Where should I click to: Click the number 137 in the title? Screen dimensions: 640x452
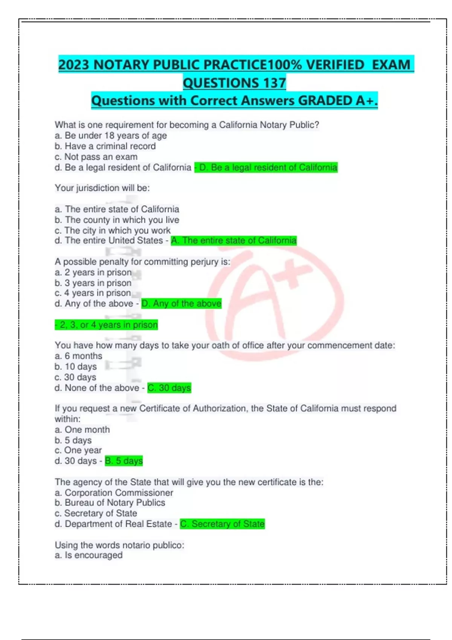click(x=274, y=83)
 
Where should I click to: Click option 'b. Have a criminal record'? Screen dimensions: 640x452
click(x=105, y=146)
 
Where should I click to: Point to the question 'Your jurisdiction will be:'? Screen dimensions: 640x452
click(x=102, y=188)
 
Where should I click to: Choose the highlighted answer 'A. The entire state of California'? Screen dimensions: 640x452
click(x=234, y=241)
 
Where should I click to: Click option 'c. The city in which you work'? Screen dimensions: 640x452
click(x=112, y=230)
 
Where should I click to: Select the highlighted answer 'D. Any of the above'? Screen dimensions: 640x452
click(x=182, y=304)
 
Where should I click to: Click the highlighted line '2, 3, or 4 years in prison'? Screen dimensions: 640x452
click(x=107, y=325)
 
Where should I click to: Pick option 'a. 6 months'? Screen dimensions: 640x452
click(x=78, y=356)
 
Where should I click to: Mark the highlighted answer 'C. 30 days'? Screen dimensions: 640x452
click(x=169, y=388)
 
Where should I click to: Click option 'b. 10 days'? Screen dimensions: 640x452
click(x=76, y=367)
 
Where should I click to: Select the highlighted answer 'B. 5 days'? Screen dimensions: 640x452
click(x=124, y=461)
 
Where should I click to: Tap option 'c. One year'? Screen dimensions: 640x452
click(x=78, y=451)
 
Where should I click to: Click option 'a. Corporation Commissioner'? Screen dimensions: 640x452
click(x=114, y=493)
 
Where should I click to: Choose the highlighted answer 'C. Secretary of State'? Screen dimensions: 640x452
click(x=223, y=524)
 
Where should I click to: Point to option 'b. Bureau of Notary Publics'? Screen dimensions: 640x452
click(x=110, y=503)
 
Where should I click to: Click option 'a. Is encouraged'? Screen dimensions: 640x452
click(x=89, y=555)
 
